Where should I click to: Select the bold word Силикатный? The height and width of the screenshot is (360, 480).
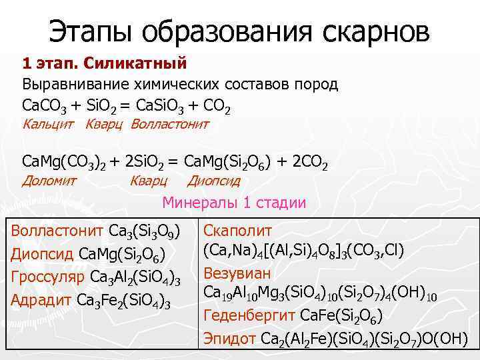click(x=143, y=64)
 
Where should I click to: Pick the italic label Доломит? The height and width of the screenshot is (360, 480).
click(x=49, y=180)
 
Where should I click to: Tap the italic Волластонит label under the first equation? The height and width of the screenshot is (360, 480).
click(x=170, y=124)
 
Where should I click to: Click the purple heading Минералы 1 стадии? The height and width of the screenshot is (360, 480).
click(x=235, y=203)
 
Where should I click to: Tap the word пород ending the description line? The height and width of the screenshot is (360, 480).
click(x=317, y=85)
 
